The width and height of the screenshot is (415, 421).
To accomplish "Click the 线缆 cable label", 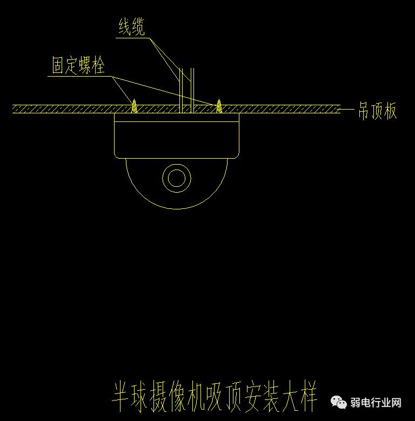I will point(131,27).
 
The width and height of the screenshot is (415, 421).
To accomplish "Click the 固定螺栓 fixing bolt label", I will point(78,66).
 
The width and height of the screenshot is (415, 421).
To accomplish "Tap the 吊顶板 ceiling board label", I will point(377,111).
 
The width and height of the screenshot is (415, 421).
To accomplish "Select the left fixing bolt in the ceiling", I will point(134,105).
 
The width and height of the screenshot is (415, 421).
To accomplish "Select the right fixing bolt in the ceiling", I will point(219,105).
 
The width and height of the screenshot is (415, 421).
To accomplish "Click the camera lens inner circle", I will point(176,178).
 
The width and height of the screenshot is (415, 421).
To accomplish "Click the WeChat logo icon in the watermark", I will point(339,402).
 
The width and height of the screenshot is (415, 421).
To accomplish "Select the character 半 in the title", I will point(121,396).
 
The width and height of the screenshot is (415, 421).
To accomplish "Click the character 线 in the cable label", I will point(125,27).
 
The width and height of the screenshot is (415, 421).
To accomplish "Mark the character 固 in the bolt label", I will point(58,66).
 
